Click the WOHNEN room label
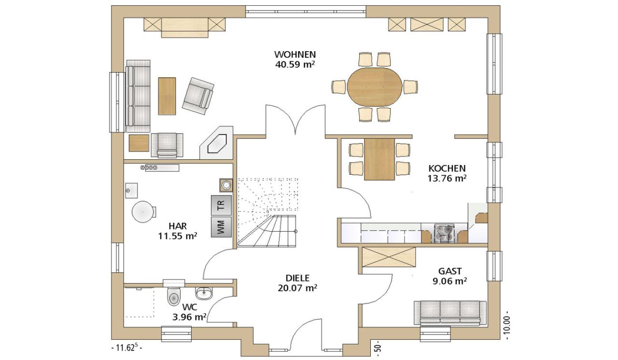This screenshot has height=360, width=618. click(295, 54)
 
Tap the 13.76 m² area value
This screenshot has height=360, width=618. click(447, 179)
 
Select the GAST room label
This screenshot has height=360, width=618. click(450, 271)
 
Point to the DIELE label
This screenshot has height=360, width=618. click(298, 278)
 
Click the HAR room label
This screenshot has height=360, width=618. click(178, 226)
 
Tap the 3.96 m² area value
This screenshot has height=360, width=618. click(189, 317)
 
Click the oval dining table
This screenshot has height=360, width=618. click(375, 86)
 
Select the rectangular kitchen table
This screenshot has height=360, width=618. click(379, 159)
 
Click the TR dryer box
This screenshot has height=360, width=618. click(221, 205)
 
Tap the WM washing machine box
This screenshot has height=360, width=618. click(221, 227)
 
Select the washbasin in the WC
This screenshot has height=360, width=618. click(204, 292)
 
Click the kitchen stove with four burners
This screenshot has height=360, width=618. click(445, 233)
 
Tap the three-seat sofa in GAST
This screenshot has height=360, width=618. click(450, 313)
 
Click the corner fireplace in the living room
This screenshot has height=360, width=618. click(217, 142)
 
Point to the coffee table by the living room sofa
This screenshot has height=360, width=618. click(167, 96)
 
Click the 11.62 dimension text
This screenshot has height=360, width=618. click(127, 348)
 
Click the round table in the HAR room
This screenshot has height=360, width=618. click(143, 212)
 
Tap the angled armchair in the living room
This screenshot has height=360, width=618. click(198, 93)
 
